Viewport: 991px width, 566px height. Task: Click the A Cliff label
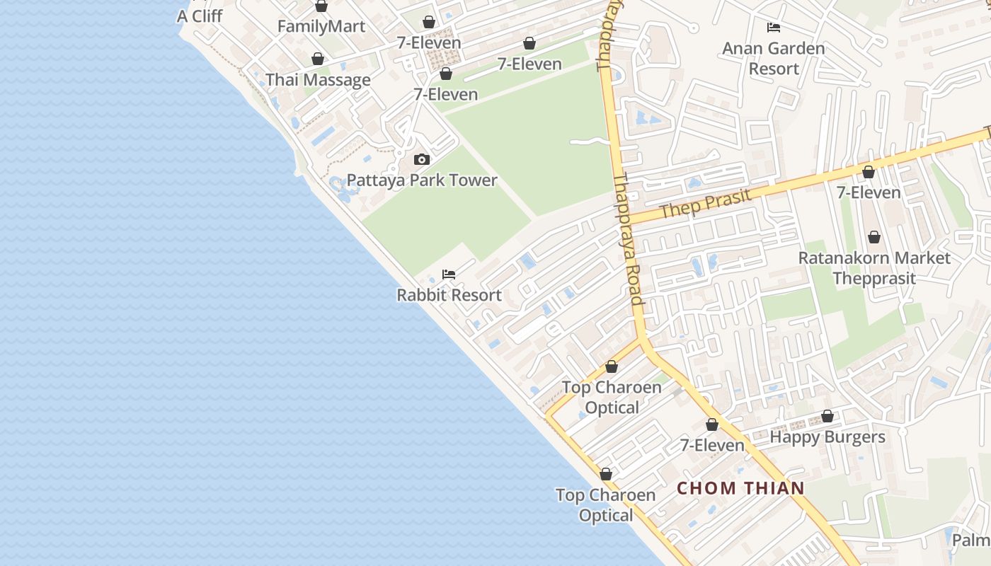click(200, 16)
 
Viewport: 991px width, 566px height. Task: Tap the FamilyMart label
click(321, 27)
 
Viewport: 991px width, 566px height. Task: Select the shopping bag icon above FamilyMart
click(321, 6)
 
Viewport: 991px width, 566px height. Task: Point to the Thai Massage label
click(318, 80)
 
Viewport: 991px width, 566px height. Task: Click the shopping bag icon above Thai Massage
click(318, 59)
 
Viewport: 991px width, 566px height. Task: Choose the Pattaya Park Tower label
click(422, 180)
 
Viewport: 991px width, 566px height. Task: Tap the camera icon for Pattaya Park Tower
click(422, 160)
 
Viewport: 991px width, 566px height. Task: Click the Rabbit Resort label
click(449, 295)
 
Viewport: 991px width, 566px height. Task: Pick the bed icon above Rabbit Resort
click(449, 275)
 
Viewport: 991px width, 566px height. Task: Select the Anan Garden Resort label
click(774, 59)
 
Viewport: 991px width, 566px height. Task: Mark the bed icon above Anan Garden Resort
click(774, 28)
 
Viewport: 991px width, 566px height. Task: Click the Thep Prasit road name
click(705, 203)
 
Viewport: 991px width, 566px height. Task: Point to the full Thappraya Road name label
click(629, 241)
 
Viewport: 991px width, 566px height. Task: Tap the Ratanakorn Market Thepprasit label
click(874, 268)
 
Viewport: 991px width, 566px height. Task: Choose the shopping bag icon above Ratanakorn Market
click(874, 237)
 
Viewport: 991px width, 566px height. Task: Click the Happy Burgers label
click(827, 437)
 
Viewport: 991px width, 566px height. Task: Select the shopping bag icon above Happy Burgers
click(827, 416)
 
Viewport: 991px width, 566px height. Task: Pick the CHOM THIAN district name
click(741, 488)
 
